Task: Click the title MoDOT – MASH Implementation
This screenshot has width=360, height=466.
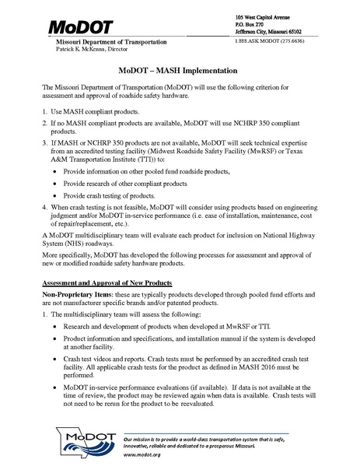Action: click(x=180, y=70)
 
